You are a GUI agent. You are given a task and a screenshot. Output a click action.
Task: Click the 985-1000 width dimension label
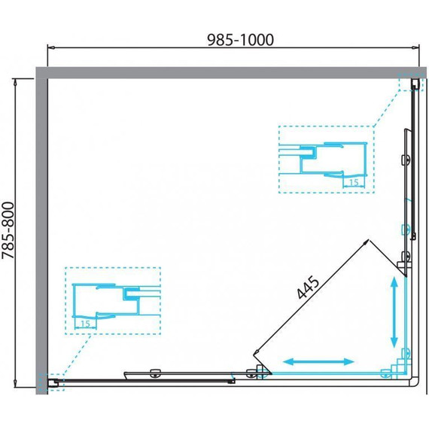241,40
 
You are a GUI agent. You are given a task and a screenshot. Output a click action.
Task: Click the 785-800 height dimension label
8,230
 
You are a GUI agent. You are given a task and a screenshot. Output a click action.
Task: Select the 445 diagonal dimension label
308,288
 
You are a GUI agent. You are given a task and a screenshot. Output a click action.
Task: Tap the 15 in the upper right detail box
354,182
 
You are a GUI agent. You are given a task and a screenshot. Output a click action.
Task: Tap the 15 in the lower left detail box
85,324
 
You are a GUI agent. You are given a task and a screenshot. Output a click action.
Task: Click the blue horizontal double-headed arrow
318,362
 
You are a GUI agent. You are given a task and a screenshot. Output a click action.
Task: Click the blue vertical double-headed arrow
394,312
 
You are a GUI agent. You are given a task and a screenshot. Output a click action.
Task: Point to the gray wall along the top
231,72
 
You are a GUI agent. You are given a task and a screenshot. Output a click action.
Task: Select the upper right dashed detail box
327,126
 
